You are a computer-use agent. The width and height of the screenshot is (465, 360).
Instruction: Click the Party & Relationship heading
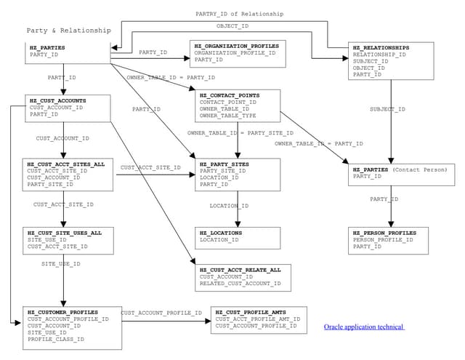click(x=69, y=31)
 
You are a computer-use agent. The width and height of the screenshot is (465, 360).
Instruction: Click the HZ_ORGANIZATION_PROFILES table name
click(x=236, y=45)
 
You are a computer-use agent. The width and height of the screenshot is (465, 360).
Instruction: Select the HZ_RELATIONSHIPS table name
click(x=381, y=48)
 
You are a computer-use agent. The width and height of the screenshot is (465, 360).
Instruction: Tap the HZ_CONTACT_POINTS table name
click(x=230, y=95)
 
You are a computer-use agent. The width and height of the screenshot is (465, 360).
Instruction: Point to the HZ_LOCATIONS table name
click(x=221, y=233)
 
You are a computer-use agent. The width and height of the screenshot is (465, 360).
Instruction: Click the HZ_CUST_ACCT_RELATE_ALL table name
click(x=240, y=270)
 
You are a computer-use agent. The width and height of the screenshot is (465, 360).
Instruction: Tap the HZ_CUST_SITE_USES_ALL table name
click(x=65, y=232)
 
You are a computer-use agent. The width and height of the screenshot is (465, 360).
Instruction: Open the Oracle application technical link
click(x=363, y=328)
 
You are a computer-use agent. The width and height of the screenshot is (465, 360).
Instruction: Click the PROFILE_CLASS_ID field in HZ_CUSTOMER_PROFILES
click(x=56, y=339)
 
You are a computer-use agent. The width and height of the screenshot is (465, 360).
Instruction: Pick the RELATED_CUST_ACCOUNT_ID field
click(x=240, y=284)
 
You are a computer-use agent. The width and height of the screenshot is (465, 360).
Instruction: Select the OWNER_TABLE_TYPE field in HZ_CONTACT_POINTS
click(x=227, y=116)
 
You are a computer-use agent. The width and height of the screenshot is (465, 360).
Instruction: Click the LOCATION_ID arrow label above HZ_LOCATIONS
click(x=229, y=206)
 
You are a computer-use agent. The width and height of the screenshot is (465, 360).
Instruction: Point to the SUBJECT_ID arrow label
click(x=387, y=109)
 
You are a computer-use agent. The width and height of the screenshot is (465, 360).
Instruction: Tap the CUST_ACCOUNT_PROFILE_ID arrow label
click(x=161, y=313)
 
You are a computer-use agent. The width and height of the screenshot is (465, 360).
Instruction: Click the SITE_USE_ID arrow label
click(x=60, y=264)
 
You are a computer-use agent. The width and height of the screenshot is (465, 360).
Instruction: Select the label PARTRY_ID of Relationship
click(x=239, y=14)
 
